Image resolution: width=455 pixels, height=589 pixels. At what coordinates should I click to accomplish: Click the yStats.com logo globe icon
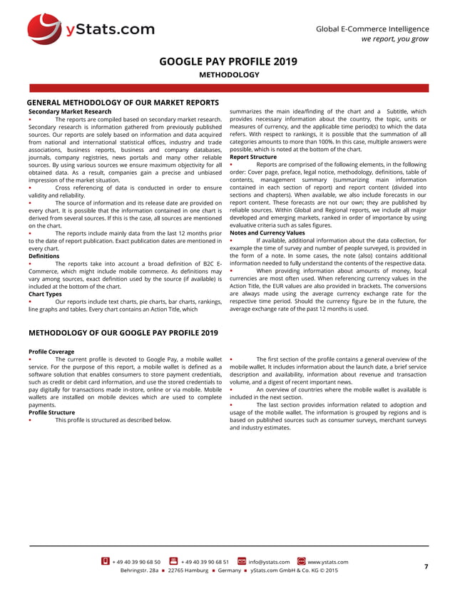45,29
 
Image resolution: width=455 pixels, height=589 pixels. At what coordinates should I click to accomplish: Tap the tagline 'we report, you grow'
394,39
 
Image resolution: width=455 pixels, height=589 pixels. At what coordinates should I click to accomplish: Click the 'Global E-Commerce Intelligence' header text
372,28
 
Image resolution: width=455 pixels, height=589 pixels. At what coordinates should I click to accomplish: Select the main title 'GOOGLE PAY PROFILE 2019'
228,61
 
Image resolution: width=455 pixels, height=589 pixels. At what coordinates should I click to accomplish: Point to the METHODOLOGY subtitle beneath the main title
228,75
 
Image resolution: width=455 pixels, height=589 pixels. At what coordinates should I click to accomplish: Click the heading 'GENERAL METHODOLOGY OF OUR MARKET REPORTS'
123,103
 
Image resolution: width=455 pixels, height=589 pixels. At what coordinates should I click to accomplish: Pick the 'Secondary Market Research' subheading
69,112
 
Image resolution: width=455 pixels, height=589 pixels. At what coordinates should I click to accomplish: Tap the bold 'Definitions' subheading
44,255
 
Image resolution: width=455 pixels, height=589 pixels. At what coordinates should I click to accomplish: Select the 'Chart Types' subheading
46,294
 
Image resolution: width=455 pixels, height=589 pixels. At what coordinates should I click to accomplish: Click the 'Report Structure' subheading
252,157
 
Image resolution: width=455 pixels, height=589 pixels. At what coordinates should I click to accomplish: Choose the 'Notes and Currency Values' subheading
267,232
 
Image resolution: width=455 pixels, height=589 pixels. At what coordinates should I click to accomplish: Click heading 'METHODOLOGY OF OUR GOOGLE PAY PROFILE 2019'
123,333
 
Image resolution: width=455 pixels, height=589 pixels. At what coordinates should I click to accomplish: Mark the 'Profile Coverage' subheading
51,352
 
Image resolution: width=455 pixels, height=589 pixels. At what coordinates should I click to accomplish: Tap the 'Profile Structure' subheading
51,412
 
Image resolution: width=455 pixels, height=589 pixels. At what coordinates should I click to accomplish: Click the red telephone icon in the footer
106,561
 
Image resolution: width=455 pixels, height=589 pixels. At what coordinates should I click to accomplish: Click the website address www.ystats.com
327,562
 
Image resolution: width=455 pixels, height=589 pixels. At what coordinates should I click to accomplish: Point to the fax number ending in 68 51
205,562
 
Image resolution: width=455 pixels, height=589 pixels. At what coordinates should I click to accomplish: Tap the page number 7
426,566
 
